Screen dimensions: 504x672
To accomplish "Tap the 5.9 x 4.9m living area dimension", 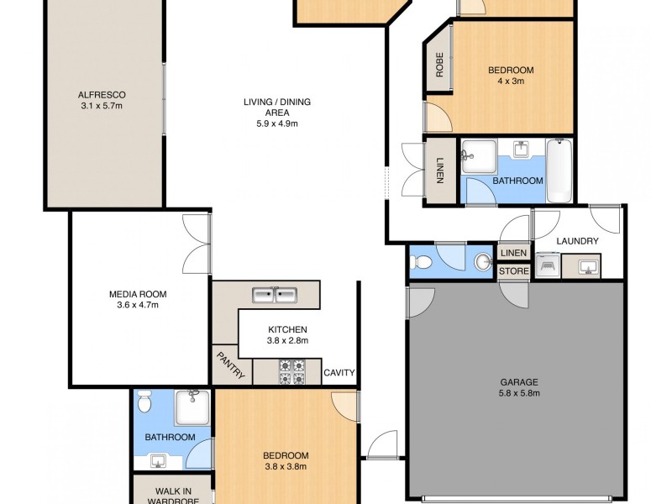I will tap(277, 123).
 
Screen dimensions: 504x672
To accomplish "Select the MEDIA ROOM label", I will tap(138, 294).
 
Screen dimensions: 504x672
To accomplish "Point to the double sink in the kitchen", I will tap(275, 294).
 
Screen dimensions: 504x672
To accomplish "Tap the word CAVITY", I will tap(339, 373).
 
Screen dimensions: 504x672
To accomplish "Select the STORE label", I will tap(514, 271).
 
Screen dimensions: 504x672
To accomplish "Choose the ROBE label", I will tap(438, 66).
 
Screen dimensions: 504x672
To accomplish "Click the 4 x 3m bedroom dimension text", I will tap(511, 82).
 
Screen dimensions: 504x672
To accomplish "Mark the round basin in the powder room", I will tap(483, 262).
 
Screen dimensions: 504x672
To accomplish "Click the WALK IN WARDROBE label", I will tap(172, 496).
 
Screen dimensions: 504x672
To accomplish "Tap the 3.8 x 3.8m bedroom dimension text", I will tap(286, 467).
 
